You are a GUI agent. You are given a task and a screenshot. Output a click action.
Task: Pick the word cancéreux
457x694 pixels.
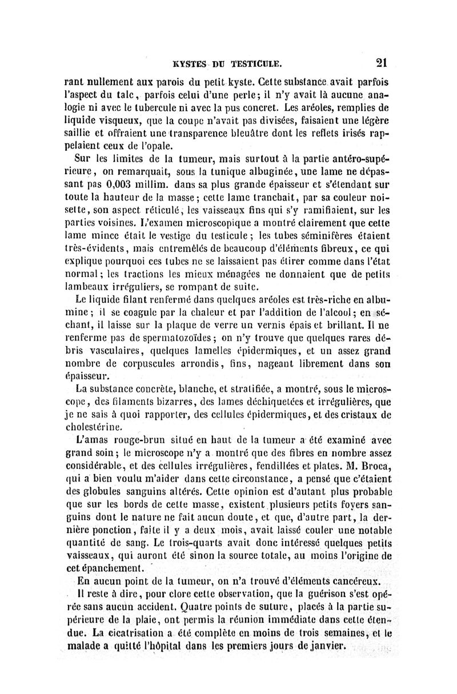pyautogui.click(x=356, y=580)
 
